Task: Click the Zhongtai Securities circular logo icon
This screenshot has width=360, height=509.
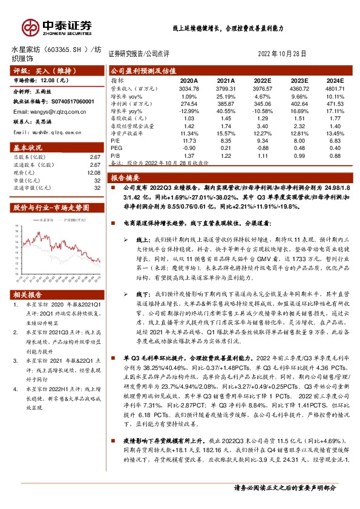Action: click(30, 26)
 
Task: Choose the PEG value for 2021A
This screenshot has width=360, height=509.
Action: click(226, 147)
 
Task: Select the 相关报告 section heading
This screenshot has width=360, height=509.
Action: click(28, 294)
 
